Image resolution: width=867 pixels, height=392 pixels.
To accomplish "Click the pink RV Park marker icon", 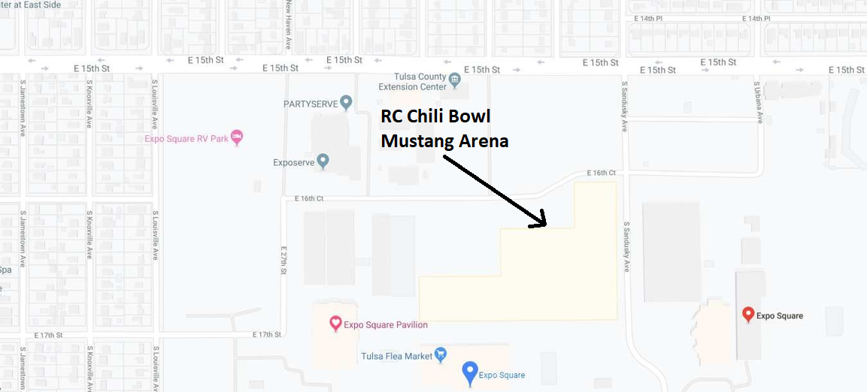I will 237,137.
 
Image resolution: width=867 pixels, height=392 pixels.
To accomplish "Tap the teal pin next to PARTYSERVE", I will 346,102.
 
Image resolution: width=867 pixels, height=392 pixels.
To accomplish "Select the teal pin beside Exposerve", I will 323,161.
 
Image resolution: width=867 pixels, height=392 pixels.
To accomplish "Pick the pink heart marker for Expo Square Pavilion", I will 336,324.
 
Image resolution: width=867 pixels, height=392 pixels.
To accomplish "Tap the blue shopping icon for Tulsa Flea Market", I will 441,354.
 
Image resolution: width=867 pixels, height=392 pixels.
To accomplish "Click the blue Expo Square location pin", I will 470,372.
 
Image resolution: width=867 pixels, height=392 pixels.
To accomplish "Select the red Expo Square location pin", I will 747,315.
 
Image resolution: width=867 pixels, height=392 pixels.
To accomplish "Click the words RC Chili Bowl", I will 435,118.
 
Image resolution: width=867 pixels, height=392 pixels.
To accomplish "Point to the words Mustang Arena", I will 444,140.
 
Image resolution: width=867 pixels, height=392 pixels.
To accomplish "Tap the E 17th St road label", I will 267,334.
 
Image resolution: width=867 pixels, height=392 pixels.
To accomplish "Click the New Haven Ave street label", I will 288,24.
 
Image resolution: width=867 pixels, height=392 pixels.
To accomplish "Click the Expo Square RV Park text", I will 186,139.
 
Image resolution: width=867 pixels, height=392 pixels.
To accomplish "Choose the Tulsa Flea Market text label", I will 396,356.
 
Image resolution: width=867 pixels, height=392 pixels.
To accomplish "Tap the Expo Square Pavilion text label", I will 386,325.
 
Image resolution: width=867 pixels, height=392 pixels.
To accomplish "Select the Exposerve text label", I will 293,161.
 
